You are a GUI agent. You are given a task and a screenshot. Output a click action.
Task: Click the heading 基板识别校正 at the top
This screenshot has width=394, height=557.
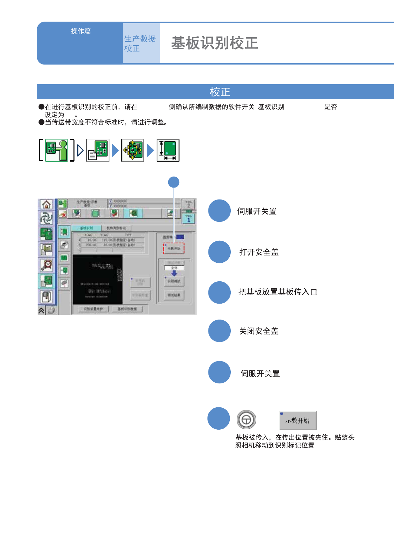(x=214, y=43)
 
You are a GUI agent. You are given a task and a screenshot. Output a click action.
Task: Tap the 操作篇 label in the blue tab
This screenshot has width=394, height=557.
(x=81, y=31)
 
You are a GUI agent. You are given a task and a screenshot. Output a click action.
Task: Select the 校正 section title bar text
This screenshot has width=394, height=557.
(x=220, y=92)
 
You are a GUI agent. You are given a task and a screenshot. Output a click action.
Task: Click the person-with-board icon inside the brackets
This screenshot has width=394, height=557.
(x=57, y=150)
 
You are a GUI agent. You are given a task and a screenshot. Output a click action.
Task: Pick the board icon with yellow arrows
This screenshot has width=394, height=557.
(x=133, y=150)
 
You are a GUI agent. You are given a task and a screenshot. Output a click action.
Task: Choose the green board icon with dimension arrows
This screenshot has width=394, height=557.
(x=168, y=150)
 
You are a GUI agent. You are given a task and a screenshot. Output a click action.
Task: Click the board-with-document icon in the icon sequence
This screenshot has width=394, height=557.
(x=98, y=150)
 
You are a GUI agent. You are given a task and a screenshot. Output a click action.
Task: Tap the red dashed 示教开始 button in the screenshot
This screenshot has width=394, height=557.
(x=174, y=248)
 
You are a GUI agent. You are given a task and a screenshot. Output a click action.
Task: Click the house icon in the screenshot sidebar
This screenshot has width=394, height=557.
(x=47, y=205)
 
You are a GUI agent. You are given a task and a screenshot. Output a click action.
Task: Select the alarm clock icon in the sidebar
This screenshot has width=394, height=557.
(x=47, y=265)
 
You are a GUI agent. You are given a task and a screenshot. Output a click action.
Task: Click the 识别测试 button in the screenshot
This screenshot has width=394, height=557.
(x=174, y=281)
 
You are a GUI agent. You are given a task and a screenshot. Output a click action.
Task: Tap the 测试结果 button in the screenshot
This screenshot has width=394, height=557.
(x=174, y=295)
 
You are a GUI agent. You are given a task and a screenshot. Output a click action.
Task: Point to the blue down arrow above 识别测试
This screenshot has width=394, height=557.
(x=174, y=273)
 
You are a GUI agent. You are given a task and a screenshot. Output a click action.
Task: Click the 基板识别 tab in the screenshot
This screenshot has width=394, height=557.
(x=86, y=228)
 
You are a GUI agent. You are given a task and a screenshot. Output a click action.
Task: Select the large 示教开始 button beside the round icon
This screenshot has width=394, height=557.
(x=298, y=421)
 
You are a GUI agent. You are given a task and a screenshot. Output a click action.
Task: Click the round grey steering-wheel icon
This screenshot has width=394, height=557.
(x=246, y=420)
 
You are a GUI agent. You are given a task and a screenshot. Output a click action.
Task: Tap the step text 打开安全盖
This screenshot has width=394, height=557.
(x=259, y=252)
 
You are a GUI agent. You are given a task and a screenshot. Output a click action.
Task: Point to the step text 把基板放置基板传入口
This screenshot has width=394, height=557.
(x=278, y=292)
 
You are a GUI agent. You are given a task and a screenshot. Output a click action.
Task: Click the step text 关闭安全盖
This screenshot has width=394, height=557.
(x=259, y=331)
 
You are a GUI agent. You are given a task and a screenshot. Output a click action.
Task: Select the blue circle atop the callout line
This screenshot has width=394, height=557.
(x=174, y=182)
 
